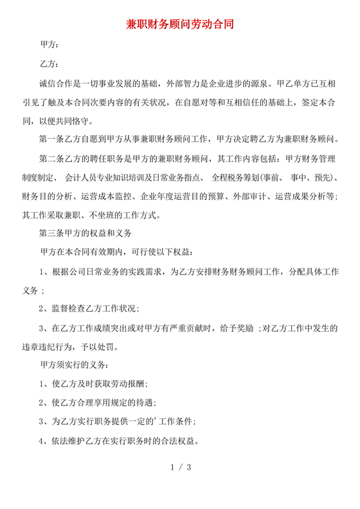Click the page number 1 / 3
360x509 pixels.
coord(179,467)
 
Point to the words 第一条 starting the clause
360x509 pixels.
coord(53,139)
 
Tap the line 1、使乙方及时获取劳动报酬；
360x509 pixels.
coord(93,384)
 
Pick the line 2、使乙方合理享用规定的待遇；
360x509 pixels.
coord(98,403)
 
